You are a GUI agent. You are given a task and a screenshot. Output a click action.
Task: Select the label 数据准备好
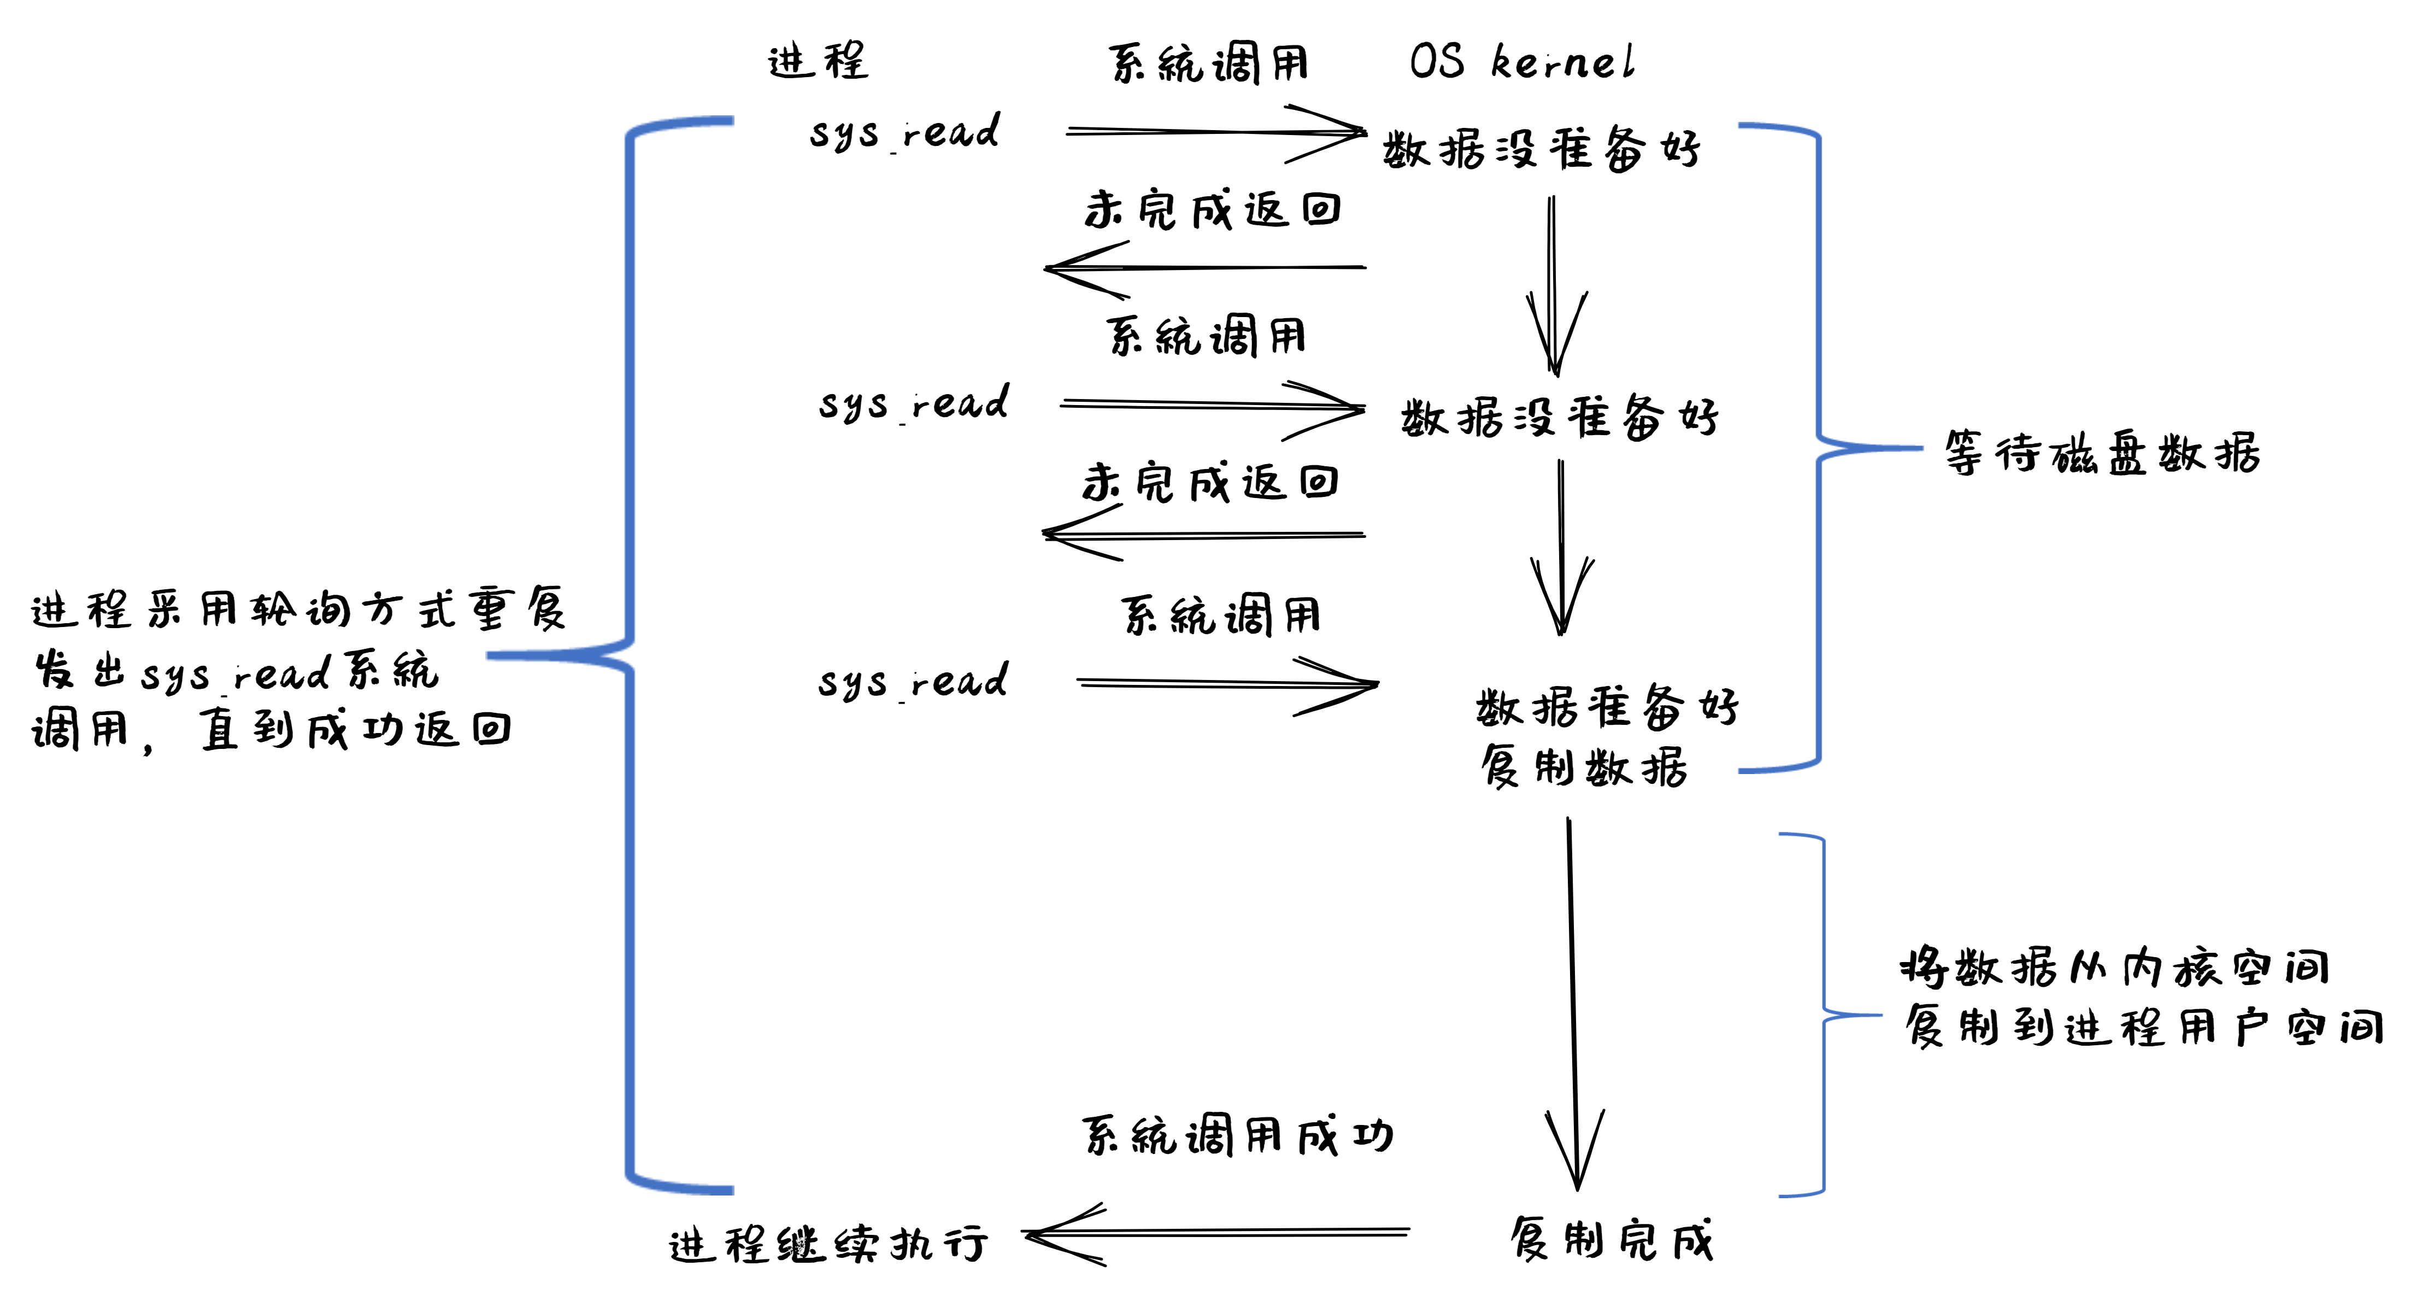(x=1607, y=707)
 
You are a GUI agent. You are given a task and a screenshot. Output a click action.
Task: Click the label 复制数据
(x=1584, y=767)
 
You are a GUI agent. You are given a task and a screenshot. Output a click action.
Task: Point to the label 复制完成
(x=1611, y=1240)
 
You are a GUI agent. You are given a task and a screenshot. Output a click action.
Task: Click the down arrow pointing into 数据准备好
(x=1562, y=549)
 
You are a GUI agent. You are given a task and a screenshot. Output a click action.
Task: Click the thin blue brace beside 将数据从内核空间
(x=1823, y=1015)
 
